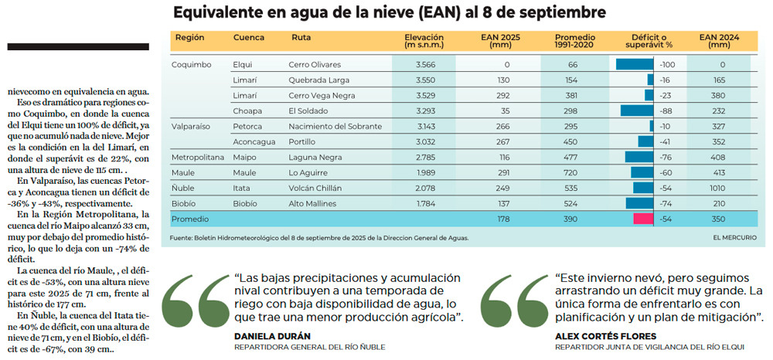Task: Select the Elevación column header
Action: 423,41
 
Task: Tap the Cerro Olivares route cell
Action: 315,65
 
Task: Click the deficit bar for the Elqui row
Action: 635,65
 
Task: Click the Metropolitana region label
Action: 196,158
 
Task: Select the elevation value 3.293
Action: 425,111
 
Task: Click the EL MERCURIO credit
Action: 734,238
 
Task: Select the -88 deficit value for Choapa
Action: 666,111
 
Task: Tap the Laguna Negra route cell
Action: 315,158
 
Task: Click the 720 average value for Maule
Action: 572,173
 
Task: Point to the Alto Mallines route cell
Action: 313,204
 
